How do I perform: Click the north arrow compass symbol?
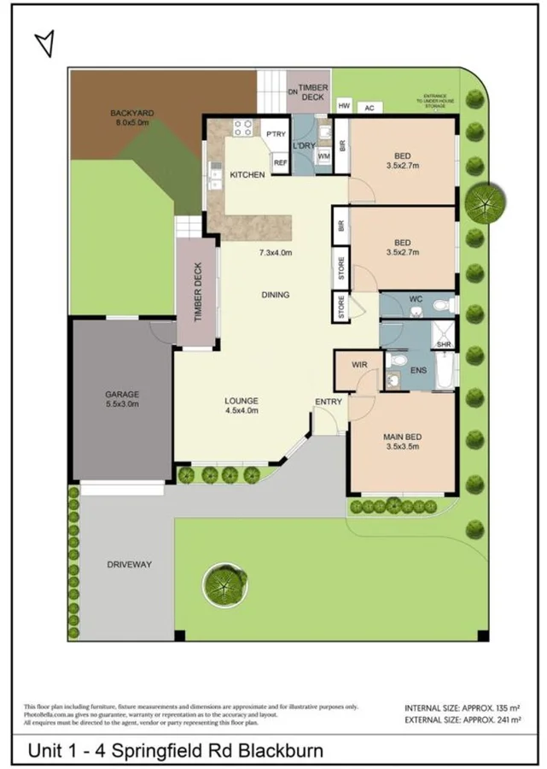tap(46, 43)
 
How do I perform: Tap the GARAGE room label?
tap(123, 395)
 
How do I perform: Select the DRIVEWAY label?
tap(130, 565)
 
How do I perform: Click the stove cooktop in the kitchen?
tap(242, 129)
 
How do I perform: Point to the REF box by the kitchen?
tap(280, 162)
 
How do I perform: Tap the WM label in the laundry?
tap(323, 157)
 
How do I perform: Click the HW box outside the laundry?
tap(344, 106)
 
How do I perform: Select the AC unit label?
tap(370, 108)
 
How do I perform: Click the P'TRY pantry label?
tap(276, 134)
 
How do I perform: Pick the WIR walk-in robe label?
tap(359, 365)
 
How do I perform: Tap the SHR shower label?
tap(444, 344)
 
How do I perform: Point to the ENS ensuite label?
tap(418, 372)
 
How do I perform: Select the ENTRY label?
tap(328, 402)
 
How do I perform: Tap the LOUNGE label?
tap(241, 402)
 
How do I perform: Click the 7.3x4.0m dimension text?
tap(276, 253)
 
